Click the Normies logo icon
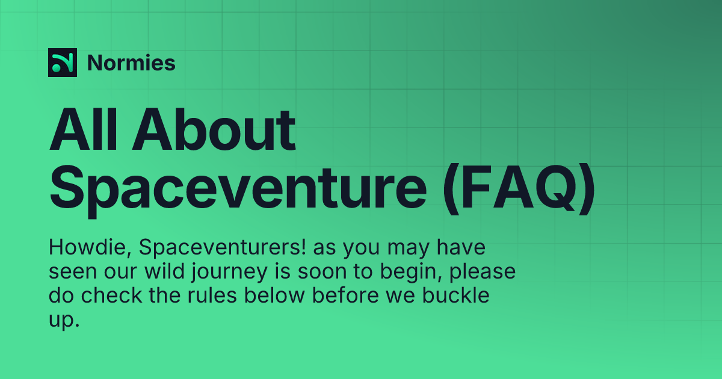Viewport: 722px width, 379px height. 63,63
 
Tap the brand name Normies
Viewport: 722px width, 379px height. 131,63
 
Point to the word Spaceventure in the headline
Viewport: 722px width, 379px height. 238,186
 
